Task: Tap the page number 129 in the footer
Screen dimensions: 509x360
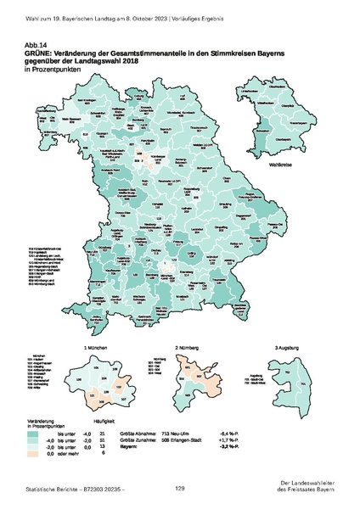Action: coord(180,488)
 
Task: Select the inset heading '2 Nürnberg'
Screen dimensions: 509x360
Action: coord(187,348)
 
